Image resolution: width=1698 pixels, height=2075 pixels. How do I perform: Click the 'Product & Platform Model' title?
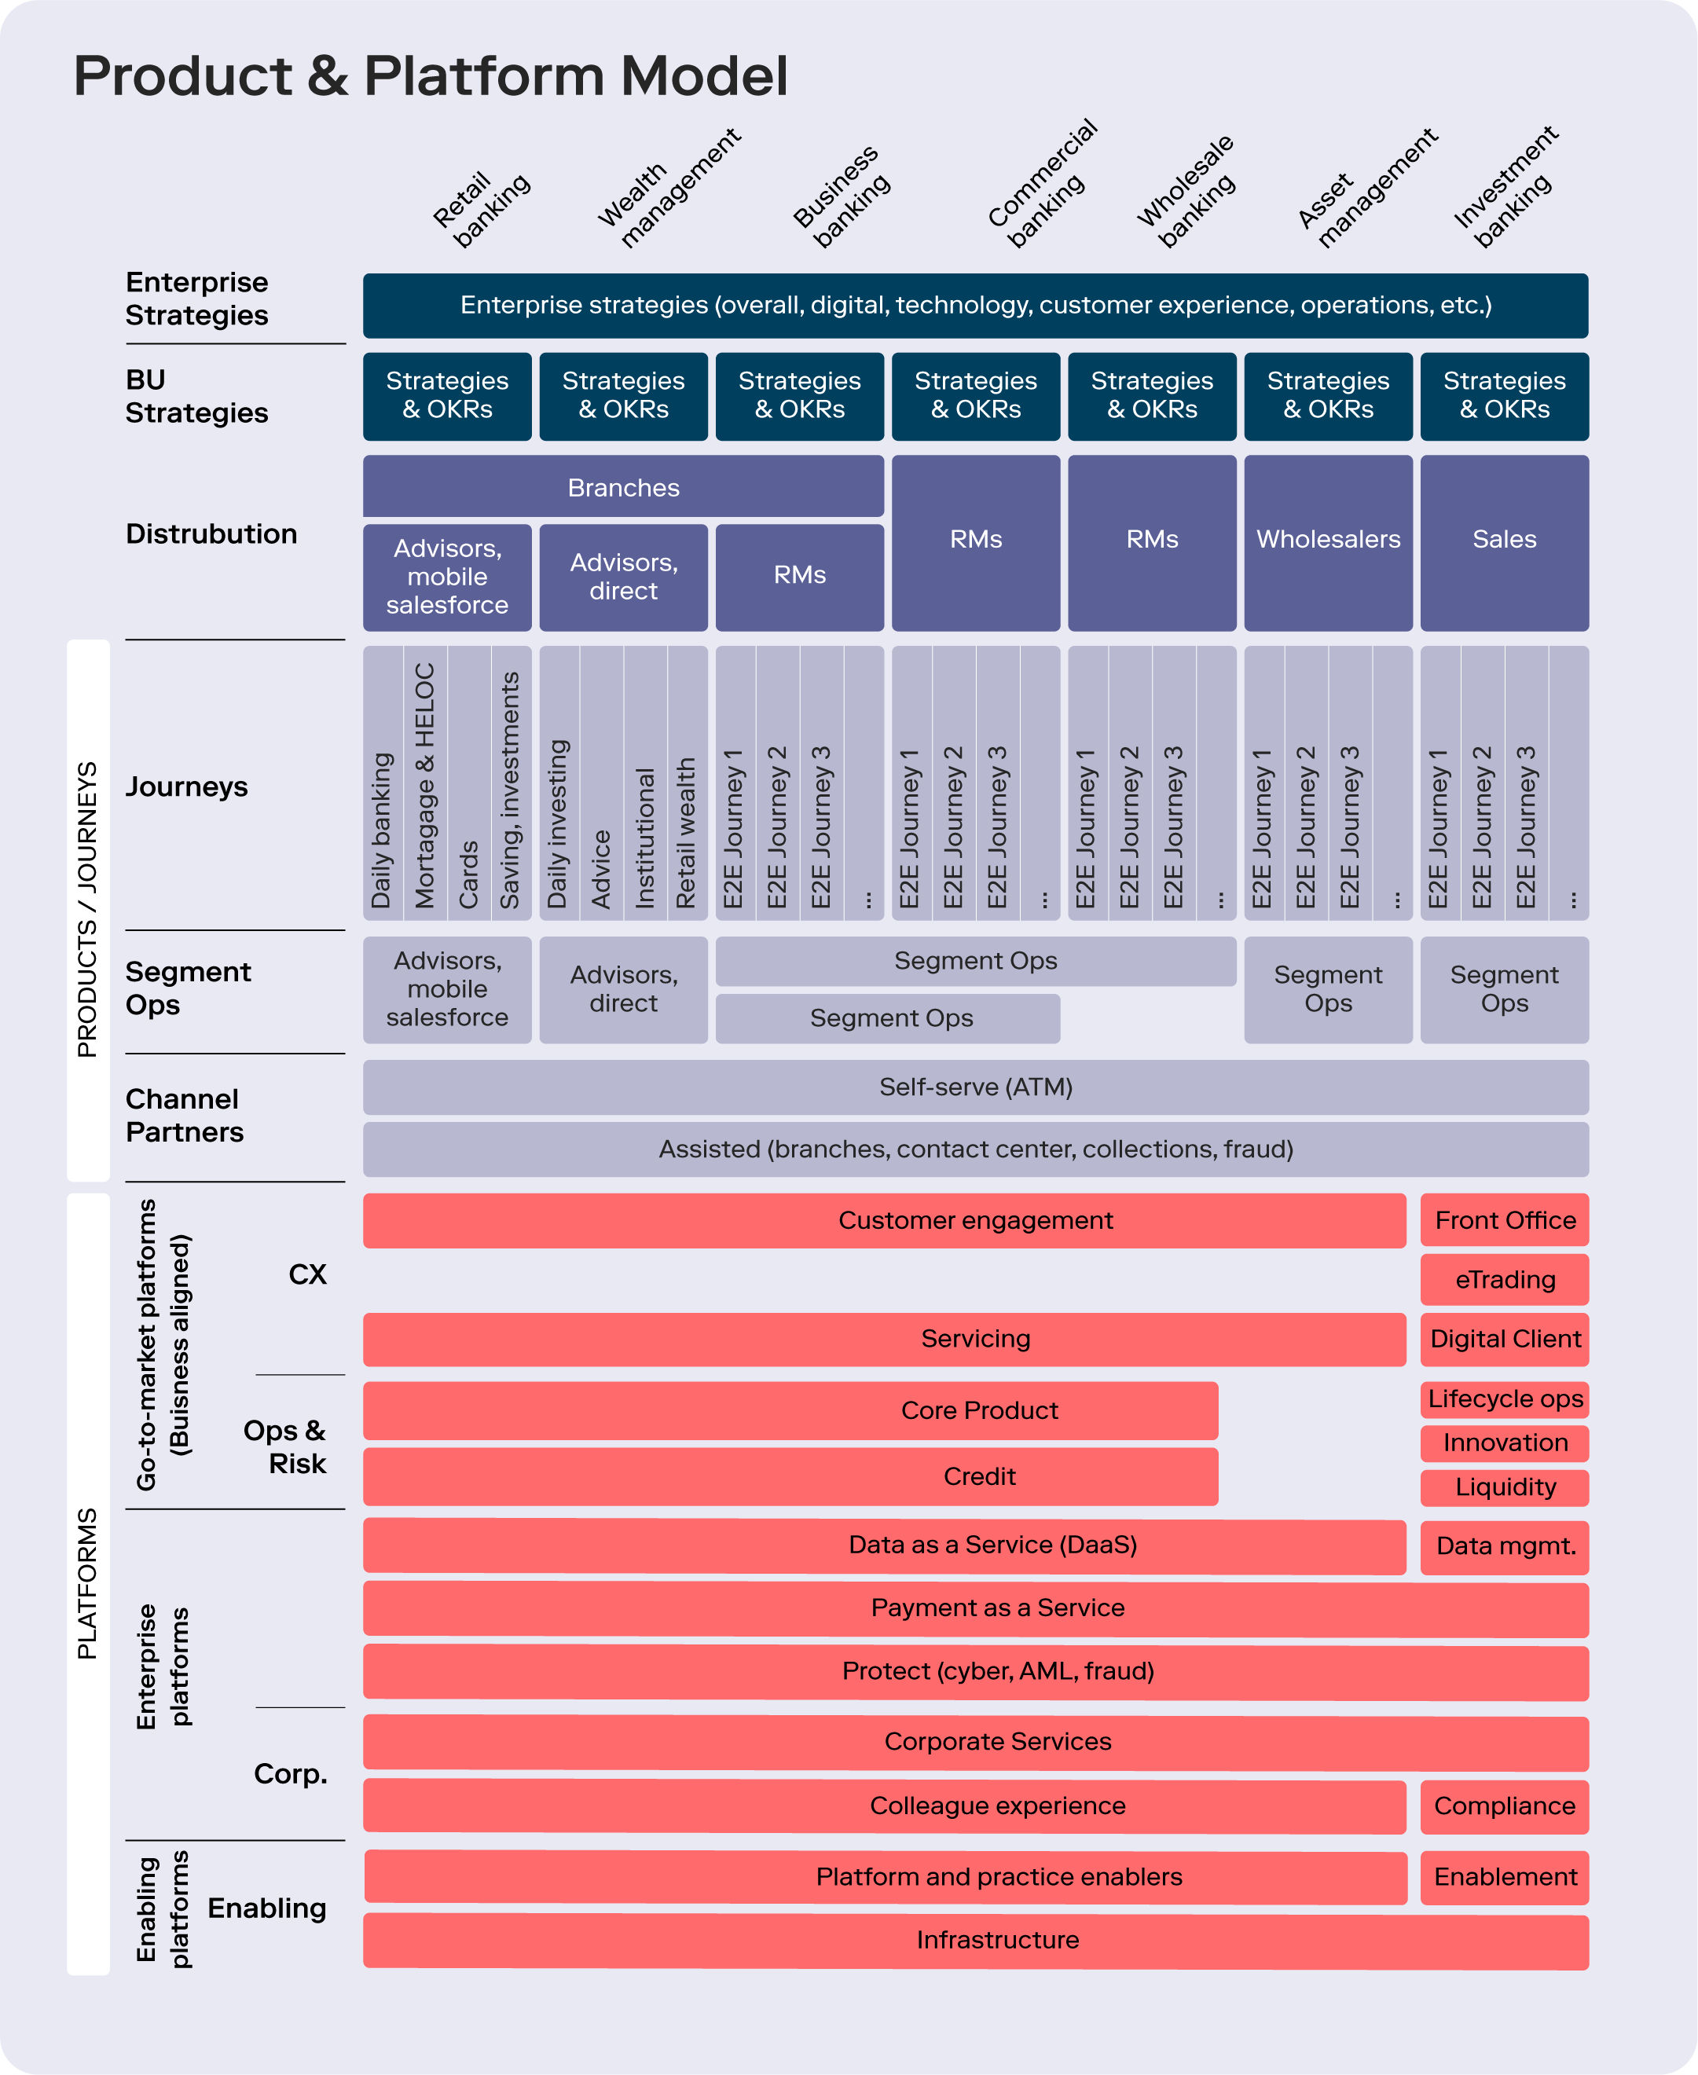click(431, 76)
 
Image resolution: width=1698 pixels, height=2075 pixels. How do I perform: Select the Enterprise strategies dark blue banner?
click(975, 305)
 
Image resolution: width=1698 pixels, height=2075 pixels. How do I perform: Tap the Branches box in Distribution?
click(623, 487)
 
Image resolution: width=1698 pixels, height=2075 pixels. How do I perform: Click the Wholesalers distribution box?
click(1327, 540)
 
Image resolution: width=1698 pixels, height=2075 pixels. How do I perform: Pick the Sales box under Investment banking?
click(1503, 540)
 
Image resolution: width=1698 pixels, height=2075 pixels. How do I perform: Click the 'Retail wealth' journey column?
click(686, 832)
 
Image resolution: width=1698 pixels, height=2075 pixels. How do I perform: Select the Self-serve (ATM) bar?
click(975, 1087)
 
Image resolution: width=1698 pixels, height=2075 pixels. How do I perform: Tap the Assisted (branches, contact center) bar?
click(975, 1149)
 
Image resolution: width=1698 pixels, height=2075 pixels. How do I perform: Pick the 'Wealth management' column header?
click(668, 189)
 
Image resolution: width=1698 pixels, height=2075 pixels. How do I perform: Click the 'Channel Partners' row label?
click(184, 1116)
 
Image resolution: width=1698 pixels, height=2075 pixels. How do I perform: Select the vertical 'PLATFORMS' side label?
click(88, 1583)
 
